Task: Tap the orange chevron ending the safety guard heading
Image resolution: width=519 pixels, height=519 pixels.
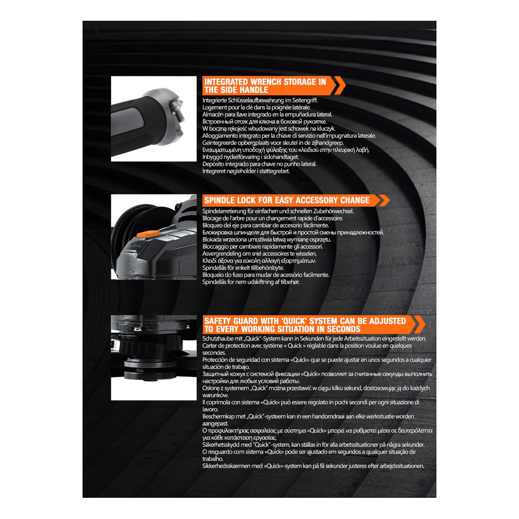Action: (418, 325)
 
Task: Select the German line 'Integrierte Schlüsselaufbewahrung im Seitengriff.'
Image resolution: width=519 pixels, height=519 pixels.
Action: (260, 100)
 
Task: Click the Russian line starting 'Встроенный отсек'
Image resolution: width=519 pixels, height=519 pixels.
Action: (265, 121)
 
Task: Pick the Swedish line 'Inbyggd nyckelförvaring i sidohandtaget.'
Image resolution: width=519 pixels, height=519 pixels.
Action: (251, 157)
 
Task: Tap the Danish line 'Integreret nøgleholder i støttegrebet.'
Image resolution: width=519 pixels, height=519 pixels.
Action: (246, 171)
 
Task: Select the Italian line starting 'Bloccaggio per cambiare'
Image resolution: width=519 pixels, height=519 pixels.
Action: (263, 247)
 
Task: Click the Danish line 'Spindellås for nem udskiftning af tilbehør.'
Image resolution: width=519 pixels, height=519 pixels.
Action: (251, 282)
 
